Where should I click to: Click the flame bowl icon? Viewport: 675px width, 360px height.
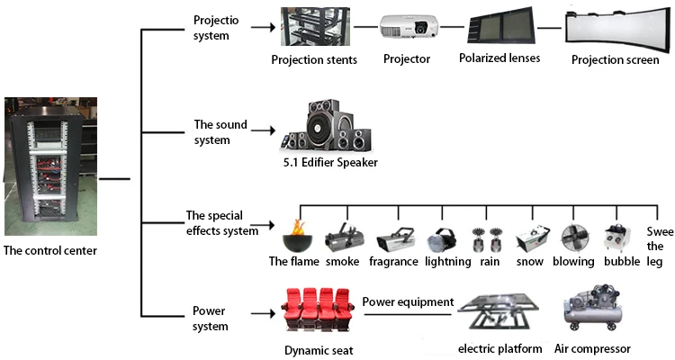[293, 238]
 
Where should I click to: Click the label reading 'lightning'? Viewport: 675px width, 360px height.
[448, 262]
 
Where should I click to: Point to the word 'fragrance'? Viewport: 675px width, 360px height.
[393, 262]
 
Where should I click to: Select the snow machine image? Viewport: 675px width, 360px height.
[530, 238]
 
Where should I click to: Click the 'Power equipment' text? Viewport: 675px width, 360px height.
[408, 301]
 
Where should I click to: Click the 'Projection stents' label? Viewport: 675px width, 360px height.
[314, 60]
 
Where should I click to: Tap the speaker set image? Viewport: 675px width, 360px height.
[327, 126]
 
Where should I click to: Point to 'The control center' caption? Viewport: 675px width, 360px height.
[50, 251]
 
